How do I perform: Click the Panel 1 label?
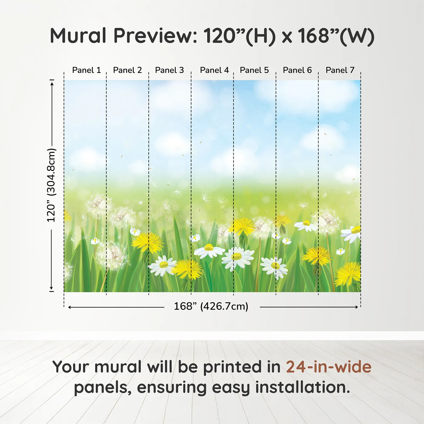pos(87,70)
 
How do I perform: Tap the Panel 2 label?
pos(128,70)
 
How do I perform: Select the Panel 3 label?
pos(169,70)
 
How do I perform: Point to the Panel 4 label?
pos(214,70)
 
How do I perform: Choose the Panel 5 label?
pos(254,70)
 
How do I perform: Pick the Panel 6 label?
pos(297,70)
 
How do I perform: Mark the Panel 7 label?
pos(340,70)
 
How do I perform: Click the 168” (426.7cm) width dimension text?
pos(211,306)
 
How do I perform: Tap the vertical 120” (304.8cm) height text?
pos(51,185)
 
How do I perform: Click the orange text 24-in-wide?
pos(329,367)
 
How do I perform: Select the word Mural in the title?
pos(78,35)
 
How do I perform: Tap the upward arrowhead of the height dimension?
pos(52,83)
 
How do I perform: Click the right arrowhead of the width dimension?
pos(357,307)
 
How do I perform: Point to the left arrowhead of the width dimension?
pos(70,307)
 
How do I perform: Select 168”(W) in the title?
pos(336,36)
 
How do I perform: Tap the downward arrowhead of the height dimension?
pos(51,288)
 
